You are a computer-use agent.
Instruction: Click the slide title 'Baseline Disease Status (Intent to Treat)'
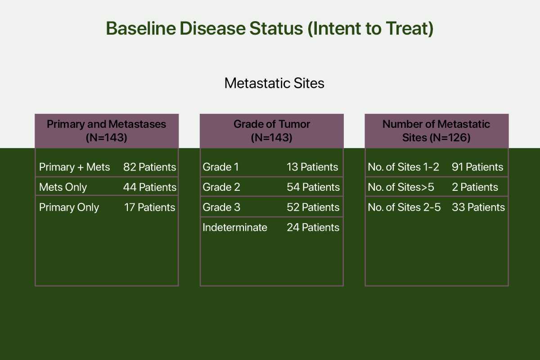[x=270, y=28]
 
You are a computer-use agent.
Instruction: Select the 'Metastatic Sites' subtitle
[x=274, y=83]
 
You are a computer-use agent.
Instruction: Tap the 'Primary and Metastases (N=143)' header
[x=107, y=131]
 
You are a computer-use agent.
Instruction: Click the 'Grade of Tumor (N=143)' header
[x=272, y=131]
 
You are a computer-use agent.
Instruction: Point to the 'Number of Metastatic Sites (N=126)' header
[x=436, y=131]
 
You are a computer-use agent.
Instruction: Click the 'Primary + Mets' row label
[x=75, y=167]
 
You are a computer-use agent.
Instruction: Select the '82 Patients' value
[x=150, y=167]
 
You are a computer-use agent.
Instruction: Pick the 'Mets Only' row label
[x=63, y=187]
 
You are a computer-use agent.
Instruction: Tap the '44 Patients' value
[x=150, y=187]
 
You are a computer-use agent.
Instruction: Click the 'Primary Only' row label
[x=69, y=207]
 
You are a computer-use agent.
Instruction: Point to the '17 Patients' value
[x=150, y=207]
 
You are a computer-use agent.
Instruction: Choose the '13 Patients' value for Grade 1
[x=312, y=167]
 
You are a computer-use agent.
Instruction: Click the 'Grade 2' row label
[x=221, y=187]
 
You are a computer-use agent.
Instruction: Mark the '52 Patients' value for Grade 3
[x=313, y=207]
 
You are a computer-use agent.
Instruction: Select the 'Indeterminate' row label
[x=235, y=227]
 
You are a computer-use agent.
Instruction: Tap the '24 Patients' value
[x=313, y=227]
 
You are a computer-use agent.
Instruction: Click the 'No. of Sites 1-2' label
[x=404, y=167]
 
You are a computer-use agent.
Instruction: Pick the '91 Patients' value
[x=477, y=167]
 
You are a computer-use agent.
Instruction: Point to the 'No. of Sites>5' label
[x=401, y=187]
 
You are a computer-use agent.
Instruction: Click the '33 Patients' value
[x=478, y=207]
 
